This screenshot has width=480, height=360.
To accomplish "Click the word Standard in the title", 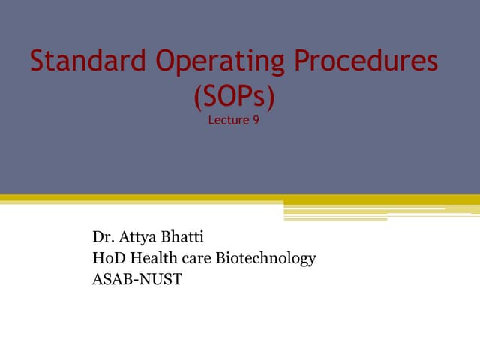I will point(82,61).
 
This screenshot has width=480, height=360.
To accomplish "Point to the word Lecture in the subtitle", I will point(228,120).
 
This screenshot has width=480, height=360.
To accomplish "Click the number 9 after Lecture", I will point(256,120).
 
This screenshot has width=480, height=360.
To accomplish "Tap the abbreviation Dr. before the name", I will point(103,238).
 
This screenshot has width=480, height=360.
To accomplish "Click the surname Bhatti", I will point(182,238).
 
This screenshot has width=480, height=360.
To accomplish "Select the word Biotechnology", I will point(265,259).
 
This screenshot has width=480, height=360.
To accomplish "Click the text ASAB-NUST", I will point(136,280).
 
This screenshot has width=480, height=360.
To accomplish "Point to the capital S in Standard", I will point(37,61).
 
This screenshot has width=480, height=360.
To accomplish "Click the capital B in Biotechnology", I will point(220,259).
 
